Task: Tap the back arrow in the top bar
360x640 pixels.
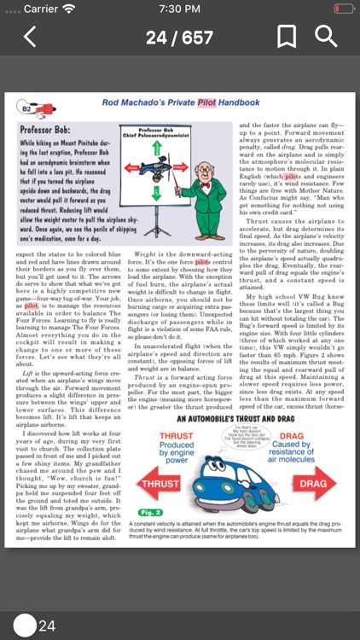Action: pos(30,37)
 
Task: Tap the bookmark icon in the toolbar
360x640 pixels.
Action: pos(287,37)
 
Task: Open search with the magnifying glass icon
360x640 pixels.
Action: pos(326,37)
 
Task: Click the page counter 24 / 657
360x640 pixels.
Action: pos(179,38)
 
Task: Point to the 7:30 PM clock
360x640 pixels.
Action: pos(179,9)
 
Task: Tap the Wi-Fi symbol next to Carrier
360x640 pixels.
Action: pos(70,9)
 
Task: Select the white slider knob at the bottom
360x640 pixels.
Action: pos(25,625)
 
